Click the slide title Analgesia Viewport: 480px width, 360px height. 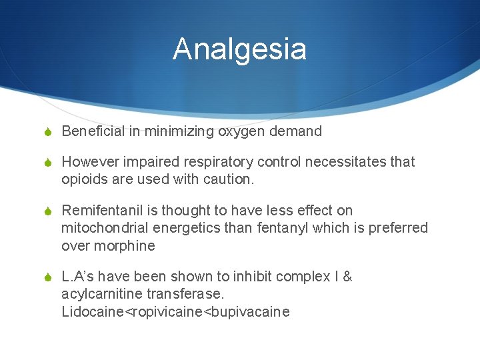pyautogui.click(x=239, y=49)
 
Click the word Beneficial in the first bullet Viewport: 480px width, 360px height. pyautogui.click(x=93, y=131)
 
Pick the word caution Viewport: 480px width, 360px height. pyautogui.click(x=227, y=180)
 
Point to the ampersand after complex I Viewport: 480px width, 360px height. pyautogui.click(x=347, y=277)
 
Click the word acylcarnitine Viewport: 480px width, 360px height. pyautogui.click(x=101, y=294)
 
